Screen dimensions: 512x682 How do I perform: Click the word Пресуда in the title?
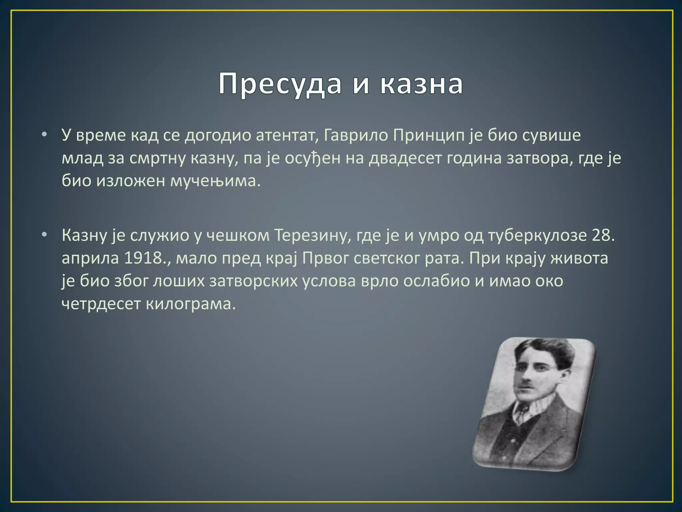pos(280,84)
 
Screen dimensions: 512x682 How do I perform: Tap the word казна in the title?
pos(421,84)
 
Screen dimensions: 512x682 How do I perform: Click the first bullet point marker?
pos(45,135)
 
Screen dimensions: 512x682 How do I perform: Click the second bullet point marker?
pos(45,235)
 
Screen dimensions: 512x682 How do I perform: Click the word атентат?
pos(285,135)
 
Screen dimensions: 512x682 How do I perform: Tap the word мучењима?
pos(215,181)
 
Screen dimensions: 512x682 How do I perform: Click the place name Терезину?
pos(313,235)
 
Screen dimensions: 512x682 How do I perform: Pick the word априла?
pos(90,258)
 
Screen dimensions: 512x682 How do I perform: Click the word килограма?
pos(190,304)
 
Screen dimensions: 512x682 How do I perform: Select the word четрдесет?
pos(101,304)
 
